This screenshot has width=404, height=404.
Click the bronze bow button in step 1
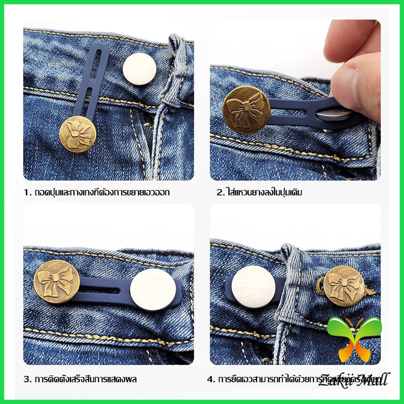[78, 134]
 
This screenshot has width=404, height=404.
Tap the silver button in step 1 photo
[139, 69]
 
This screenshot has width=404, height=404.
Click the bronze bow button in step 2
[246, 110]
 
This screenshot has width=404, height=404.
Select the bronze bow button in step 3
[56, 282]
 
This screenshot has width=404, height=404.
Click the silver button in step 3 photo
[153, 290]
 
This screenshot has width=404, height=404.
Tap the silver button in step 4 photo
[253, 287]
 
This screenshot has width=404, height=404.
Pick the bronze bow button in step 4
[344, 286]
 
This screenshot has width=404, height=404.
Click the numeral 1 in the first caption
[26, 193]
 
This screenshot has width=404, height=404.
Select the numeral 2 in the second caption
[219, 193]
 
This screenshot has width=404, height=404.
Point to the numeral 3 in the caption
[26, 380]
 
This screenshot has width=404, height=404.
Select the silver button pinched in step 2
[334, 115]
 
